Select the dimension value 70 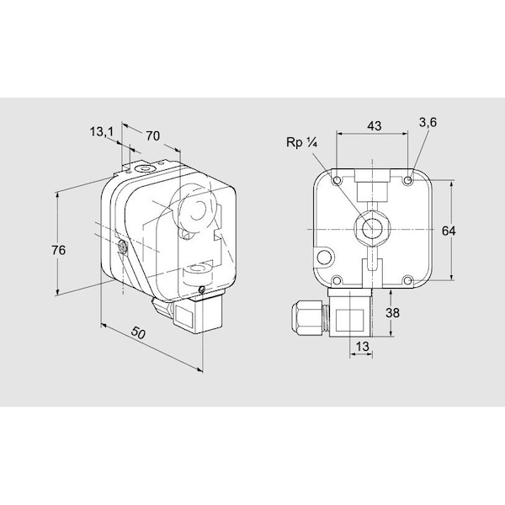pos(153,134)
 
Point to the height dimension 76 pos(58,250)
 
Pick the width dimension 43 pos(374,125)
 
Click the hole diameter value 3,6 pos(428,123)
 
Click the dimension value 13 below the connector pos(361,346)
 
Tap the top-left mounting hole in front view pos(337,181)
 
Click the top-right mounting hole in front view pos(408,181)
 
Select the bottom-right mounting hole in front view pos(408,280)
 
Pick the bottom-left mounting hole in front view pos(337,280)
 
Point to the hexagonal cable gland pos(306,314)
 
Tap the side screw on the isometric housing pos(123,247)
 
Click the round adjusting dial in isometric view pos(193,211)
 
